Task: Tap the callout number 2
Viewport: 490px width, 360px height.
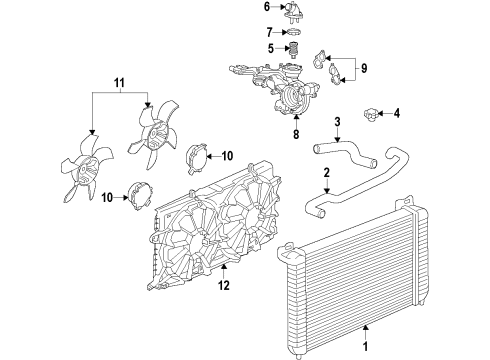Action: click(326, 173)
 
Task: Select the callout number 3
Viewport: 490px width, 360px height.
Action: click(337, 122)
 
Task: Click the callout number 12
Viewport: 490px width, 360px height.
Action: click(225, 284)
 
